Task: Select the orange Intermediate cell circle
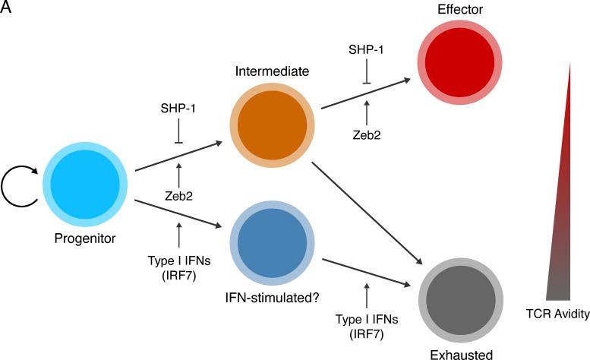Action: [272, 125]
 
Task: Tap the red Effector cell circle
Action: [457, 60]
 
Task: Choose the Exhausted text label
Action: [462, 354]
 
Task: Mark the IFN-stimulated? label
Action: [271, 296]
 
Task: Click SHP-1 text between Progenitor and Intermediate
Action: [178, 109]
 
